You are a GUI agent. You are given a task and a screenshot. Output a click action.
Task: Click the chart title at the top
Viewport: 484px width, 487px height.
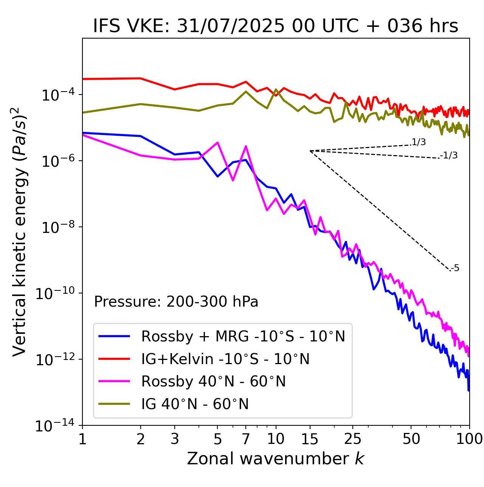click(x=276, y=26)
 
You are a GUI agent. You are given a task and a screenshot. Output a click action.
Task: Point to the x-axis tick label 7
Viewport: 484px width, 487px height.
click(x=246, y=439)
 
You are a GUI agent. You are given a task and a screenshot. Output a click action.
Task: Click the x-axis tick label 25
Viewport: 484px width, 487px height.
click(x=353, y=439)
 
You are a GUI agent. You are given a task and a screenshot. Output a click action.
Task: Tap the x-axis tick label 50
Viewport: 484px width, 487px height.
click(x=411, y=439)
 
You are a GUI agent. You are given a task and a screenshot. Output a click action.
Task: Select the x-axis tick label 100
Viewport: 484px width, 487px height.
click(x=469, y=439)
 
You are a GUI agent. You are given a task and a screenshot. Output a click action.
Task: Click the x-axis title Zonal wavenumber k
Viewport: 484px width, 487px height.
click(x=276, y=459)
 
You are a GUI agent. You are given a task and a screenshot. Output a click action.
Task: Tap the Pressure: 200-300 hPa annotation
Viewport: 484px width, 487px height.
click(x=176, y=302)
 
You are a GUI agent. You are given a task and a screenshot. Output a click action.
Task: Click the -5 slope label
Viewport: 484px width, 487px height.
click(x=455, y=268)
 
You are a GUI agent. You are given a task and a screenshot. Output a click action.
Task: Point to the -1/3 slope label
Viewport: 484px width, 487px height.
click(x=449, y=155)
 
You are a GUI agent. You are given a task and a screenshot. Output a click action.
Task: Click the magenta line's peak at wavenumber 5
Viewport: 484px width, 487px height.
click(x=217, y=143)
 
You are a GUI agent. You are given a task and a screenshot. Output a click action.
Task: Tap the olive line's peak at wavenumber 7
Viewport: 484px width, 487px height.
click(x=246, y=92)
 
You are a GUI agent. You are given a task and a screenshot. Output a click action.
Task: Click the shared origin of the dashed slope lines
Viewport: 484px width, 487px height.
click(x=310, y=151)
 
